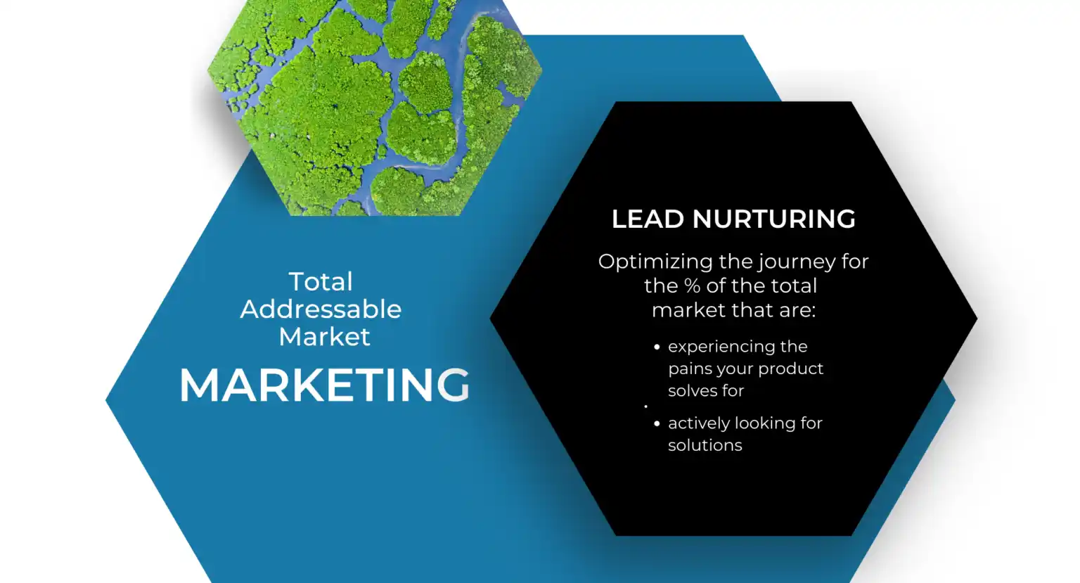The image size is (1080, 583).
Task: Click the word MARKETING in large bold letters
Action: click(324, 385)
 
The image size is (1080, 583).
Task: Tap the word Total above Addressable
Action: click(321, 282)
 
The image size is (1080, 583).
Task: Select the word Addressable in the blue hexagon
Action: click(321, 309)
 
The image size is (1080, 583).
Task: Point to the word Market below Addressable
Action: click(324, 337)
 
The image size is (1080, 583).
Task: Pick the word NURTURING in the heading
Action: click(773, 219)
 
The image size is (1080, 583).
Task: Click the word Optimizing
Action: click(655, 262)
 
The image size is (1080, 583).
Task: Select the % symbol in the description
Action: click(692, 286)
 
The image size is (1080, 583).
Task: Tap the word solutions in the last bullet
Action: click(705, 445)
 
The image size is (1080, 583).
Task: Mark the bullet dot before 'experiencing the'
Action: click(657, 347)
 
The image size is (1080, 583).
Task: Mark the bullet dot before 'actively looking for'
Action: click(657, 423)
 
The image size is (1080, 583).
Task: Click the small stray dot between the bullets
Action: click(645, 406)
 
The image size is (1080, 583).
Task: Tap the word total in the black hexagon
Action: click(790, 286)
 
